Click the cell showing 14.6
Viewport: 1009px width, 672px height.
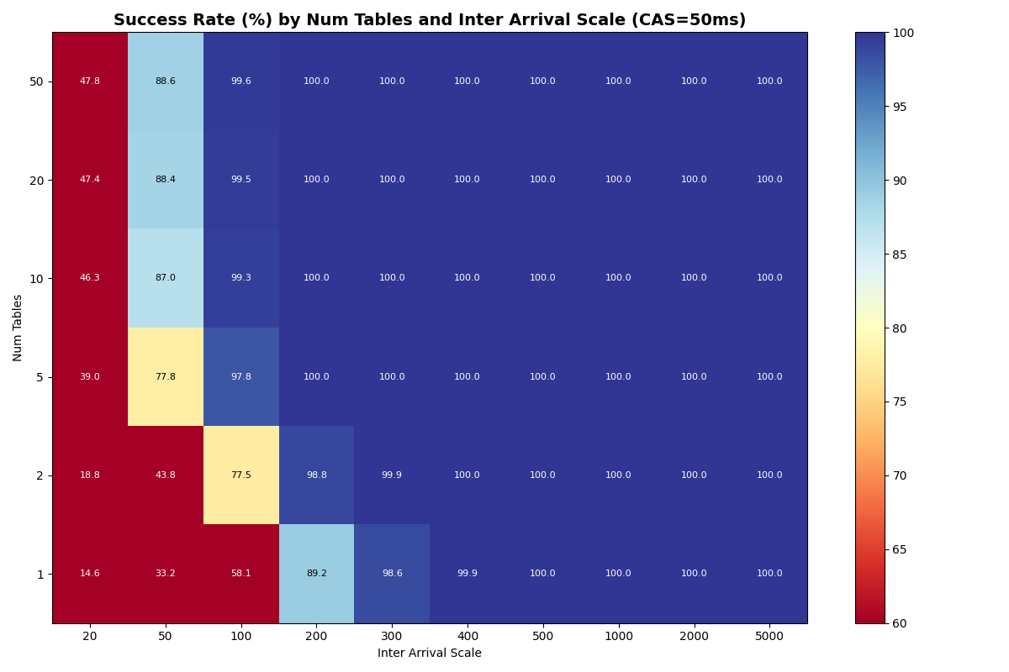point(90,574)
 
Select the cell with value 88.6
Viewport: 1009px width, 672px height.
point(166,81)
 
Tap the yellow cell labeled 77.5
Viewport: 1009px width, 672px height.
point(241,475)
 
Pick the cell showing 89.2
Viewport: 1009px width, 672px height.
point(316,574)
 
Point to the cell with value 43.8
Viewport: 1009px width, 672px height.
point(166,475)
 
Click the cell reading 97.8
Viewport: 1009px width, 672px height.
point(241,377)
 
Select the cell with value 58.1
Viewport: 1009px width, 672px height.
point(241,574)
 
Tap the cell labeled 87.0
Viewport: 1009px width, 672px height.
point(166,278)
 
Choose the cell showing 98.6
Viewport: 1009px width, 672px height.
point(392,574)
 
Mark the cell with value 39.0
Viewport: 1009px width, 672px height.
point(90,377)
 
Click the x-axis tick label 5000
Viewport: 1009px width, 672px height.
point(769,638)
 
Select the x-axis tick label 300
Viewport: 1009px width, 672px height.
point(392,638)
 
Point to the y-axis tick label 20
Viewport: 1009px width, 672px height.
point(38,180)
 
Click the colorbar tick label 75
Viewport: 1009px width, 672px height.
point(905,402)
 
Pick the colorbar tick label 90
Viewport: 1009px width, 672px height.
point(905,181)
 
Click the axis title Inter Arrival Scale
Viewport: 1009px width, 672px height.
point(430,654)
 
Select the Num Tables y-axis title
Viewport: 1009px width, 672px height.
point(18,328)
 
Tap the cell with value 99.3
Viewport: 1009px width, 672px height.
point(241,278)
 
